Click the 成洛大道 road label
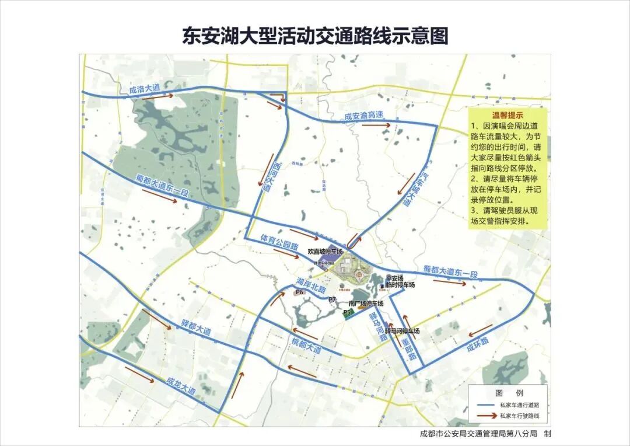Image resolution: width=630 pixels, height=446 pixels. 144,89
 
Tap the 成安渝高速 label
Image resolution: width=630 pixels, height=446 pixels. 364,116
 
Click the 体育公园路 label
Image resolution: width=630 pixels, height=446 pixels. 279,241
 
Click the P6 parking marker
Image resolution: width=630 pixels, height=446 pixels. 301,292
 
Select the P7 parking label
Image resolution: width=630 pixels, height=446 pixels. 332,299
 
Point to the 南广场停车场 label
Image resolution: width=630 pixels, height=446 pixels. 366,304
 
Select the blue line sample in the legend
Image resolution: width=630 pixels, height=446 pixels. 485,404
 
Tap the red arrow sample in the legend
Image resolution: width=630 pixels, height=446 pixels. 485,416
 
